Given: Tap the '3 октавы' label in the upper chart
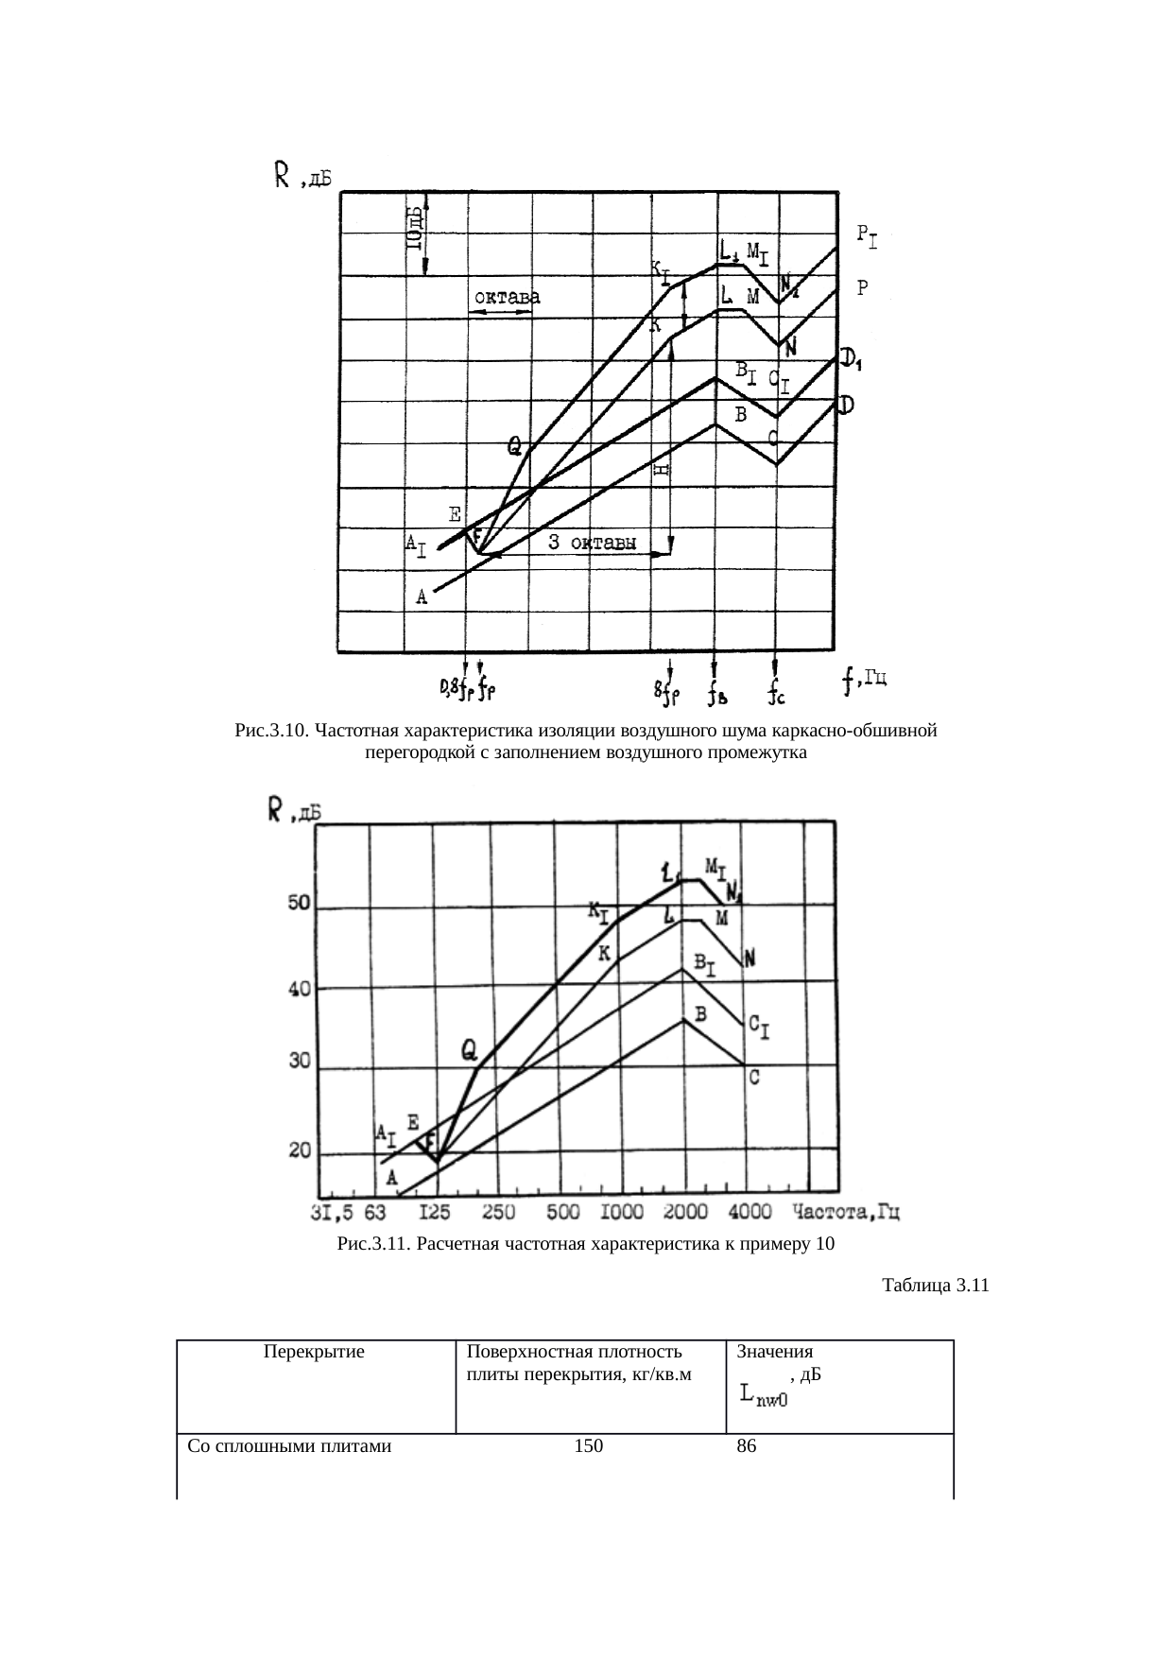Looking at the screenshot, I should tap(592, 543).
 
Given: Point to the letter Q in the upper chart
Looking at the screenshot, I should tap(515, 445).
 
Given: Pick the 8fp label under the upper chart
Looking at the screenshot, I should tap(667, 695).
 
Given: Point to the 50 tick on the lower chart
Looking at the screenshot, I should tap(300, 904).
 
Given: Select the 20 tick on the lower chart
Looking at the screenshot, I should tap(300, 1151).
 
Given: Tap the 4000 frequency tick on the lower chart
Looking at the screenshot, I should tap(750, 1212).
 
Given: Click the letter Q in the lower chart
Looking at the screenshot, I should tap(469, 1049).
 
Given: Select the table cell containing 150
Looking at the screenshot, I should tap(589, 1445).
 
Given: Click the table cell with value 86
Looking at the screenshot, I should tap(746, 1445).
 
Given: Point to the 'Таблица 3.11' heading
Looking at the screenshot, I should tap(935, 1286).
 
